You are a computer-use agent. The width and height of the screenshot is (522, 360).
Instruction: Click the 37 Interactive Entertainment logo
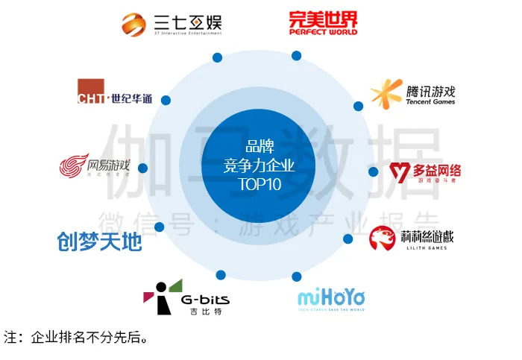pos(172,24)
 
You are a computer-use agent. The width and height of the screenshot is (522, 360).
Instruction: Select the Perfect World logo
pos(324,22)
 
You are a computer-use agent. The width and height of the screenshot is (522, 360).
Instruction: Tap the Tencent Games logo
pos(412,94)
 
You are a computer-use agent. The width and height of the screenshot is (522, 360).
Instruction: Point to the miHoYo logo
pos(331,299)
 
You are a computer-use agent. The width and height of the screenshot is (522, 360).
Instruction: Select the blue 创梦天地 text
pos(99,241)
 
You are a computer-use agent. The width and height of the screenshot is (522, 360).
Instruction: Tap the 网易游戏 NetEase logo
pos(95,166)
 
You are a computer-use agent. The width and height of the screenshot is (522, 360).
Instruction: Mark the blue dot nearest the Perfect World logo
pos(296,55)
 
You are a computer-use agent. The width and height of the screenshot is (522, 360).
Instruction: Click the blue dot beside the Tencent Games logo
pos(358,107)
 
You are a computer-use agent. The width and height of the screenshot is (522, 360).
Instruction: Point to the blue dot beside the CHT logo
pos(166,101)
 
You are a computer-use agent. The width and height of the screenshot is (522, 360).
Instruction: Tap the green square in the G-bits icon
pos(175,284)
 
